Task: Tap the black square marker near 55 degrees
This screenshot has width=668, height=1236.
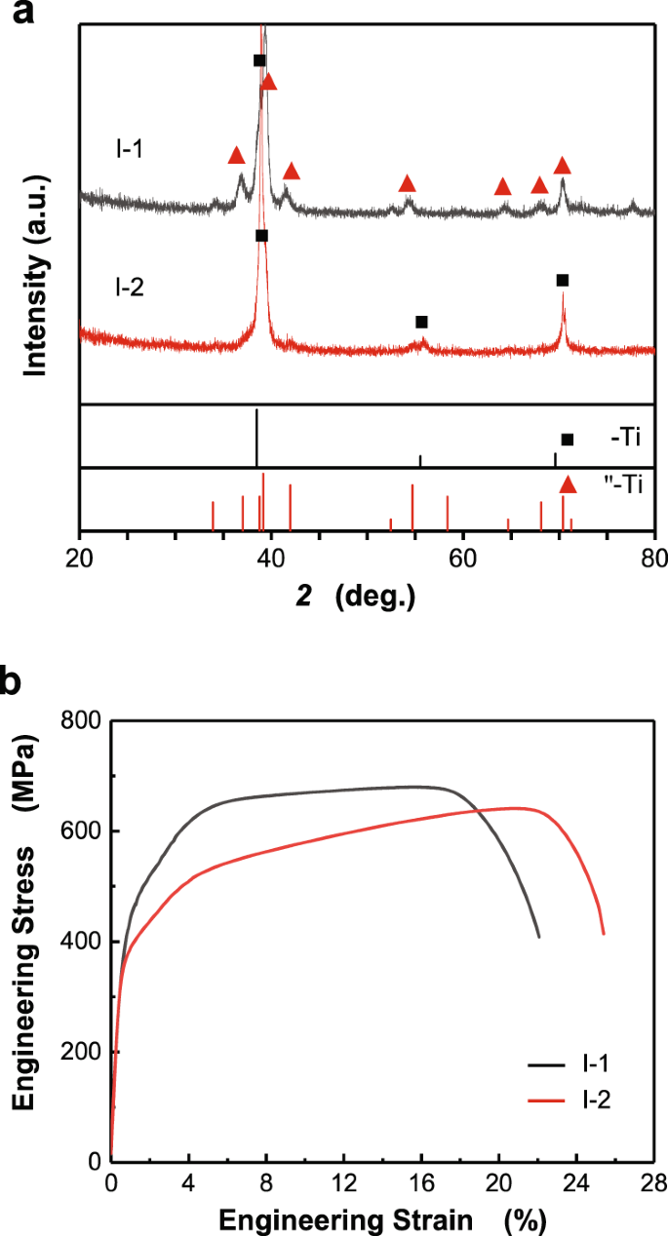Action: click(421, 322)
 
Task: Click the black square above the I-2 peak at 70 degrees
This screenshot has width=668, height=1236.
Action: click(562, 280)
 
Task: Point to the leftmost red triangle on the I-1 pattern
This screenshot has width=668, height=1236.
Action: click(236, 156)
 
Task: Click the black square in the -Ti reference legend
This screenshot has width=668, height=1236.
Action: click(568, 440)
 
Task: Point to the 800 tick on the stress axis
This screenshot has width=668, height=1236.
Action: click(87, 721)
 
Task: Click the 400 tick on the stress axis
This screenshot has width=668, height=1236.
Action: click(87, 942)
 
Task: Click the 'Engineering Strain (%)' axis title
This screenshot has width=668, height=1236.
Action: click(380, 1218)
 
